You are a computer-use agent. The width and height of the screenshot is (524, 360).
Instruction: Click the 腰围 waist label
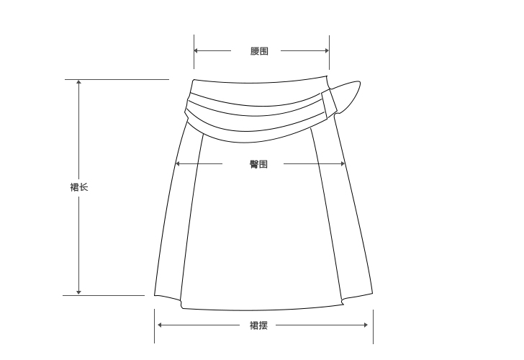pos(259,51)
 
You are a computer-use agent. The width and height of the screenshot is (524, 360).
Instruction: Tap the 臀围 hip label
pos(258,164)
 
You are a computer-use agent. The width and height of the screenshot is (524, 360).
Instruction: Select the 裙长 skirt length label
pos(79,187)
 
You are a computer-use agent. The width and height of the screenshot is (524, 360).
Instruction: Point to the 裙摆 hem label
pos(258,325)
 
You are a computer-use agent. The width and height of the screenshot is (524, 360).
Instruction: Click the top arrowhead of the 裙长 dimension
pos(78,82)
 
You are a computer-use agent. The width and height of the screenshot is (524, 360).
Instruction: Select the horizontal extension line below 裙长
pos(108,295)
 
